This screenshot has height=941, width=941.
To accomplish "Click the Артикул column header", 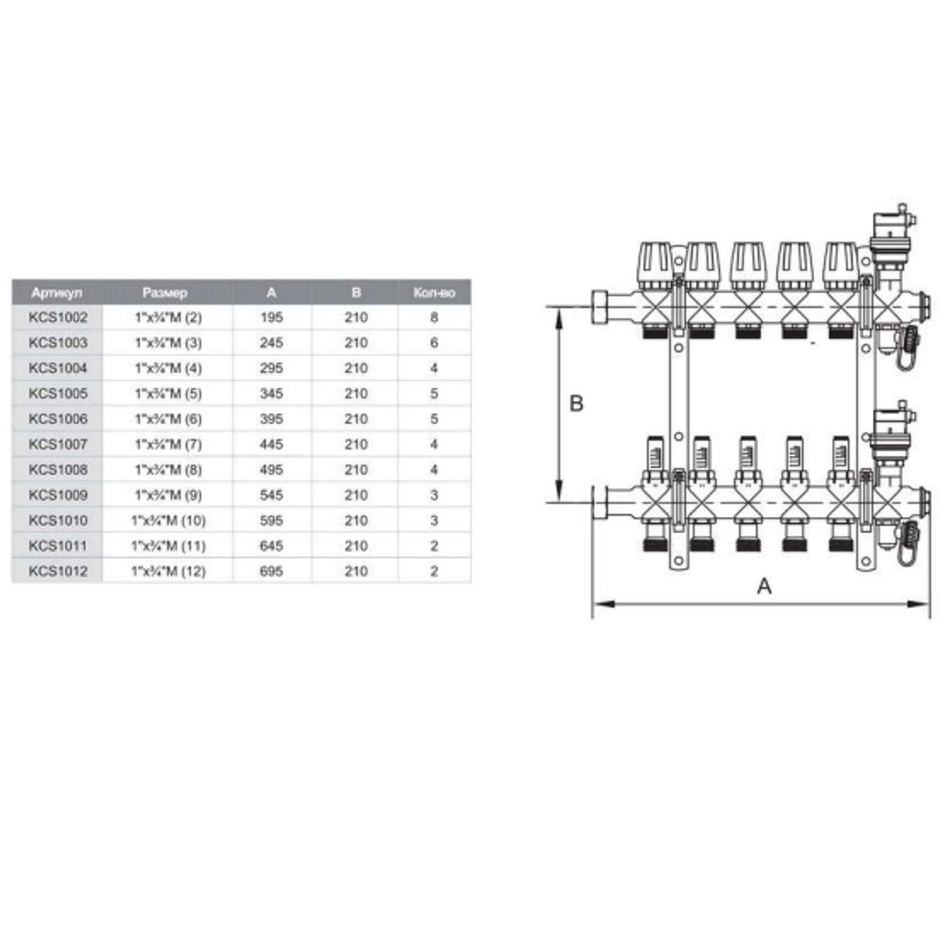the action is point(56,293).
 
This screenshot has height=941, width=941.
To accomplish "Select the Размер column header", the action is point(165,293).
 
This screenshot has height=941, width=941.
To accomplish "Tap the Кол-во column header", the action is point(434,293).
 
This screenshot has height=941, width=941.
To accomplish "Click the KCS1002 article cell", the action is point(58,318).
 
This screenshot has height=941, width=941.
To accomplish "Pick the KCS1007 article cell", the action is point(58,445).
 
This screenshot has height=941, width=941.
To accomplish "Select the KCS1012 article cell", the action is point(58,572).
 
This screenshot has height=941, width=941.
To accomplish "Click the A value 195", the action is point(271,318).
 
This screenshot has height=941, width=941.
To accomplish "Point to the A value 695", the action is point(271,572).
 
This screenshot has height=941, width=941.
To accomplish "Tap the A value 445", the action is point(271,445).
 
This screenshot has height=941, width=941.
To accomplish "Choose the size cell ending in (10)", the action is point(169,521).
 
